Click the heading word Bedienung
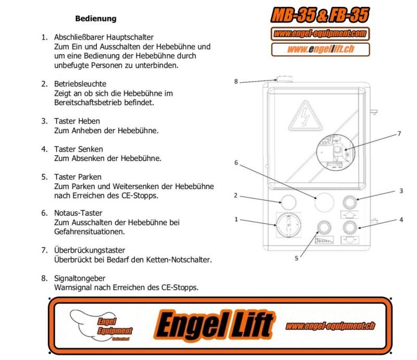95,19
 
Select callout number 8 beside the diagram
236,81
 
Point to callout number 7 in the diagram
399,134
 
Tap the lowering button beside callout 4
350,226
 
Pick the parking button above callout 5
324,226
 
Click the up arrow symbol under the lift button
350,213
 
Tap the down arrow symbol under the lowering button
350,240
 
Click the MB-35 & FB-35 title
320,16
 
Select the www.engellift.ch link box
320,49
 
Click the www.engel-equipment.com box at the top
320,34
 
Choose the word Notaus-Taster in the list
78,213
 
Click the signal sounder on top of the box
285,80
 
